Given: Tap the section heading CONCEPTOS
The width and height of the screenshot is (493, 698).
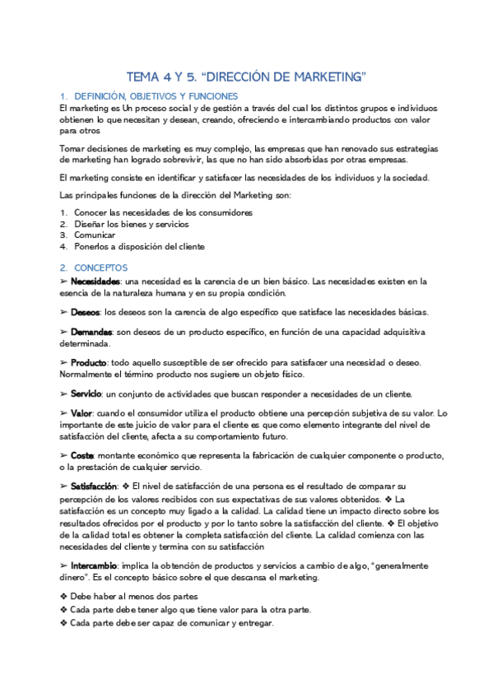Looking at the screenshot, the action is tap(100, 268).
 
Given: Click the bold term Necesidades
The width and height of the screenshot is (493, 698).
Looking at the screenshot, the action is tap(95, 282).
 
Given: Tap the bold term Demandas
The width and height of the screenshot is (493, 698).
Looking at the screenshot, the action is tap(91, 331).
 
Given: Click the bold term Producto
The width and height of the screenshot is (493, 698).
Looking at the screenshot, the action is tap(88, 362).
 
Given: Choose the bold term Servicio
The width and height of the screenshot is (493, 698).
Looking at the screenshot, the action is tap(87, 393).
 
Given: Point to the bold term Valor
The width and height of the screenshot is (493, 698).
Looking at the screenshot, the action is tap(81, 412).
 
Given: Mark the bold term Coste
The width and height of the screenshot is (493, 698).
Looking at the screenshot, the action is tap(81, 455).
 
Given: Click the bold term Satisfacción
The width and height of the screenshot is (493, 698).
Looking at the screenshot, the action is tap(94, 486).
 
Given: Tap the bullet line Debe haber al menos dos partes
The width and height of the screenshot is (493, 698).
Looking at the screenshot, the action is tap(134, 597).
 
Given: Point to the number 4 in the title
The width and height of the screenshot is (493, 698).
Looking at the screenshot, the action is tap(169, 77).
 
